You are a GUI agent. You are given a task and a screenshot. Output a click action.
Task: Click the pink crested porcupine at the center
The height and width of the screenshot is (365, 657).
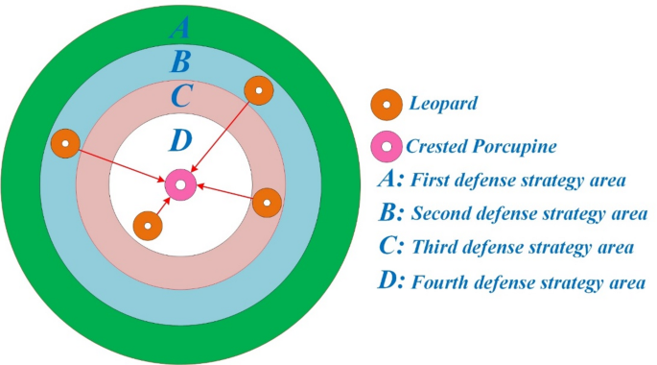tap(180, 184)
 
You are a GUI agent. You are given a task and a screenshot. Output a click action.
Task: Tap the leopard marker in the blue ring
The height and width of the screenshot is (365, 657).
tap(259, 91)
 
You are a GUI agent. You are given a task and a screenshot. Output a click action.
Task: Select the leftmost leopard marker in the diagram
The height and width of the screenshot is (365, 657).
tap(63, 145)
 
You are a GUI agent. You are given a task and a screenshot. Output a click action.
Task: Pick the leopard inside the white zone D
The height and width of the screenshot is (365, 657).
tap(147, 226)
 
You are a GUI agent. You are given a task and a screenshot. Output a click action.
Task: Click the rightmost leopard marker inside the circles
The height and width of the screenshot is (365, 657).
tap(267, 203)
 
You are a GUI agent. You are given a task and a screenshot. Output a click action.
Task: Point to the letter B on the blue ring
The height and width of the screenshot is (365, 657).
tap(179, 63)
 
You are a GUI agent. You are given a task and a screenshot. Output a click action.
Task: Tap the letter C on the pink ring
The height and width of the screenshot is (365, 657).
tap(180, 98)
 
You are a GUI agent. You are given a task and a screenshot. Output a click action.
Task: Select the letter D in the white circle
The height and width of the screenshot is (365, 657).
tap(179, 142)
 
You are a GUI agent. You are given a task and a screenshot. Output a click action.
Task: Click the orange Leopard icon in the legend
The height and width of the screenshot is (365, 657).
tap(387, 102)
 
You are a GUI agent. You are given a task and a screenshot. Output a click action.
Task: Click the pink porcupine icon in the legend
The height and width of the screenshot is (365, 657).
tap(387, 148)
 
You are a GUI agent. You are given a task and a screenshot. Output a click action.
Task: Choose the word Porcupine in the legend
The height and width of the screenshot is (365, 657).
tap(519, 147)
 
